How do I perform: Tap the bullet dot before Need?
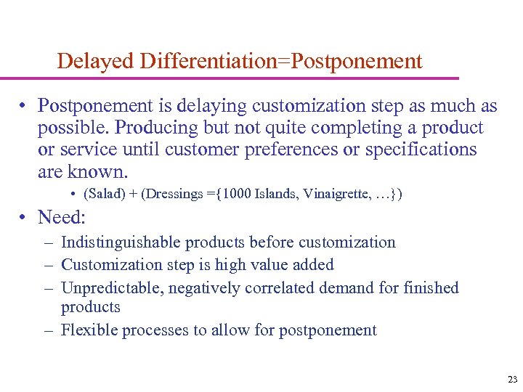coord(25,218)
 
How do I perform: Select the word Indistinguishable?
coord(121,242)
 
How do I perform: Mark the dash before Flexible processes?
coord(47,330)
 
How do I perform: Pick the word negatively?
coord(206,288)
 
